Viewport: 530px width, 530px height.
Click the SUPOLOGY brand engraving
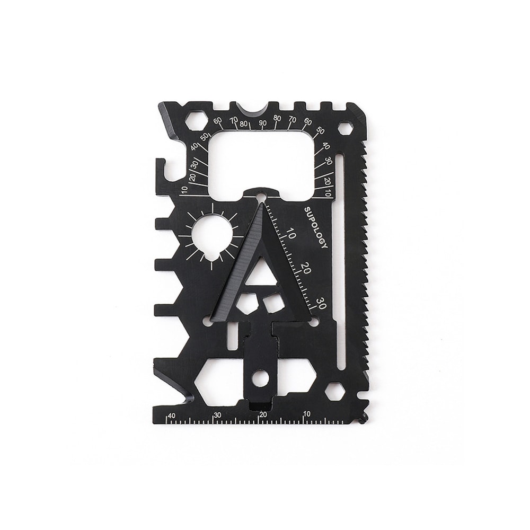point(316,228)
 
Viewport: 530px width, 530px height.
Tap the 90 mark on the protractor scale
point(263,123)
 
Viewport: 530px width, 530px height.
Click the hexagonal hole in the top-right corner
point(346,128)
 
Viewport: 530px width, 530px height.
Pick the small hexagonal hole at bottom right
point(335,391)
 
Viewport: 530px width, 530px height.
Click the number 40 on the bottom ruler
point(172,416)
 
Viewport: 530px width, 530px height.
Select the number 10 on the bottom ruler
point(307,414)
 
